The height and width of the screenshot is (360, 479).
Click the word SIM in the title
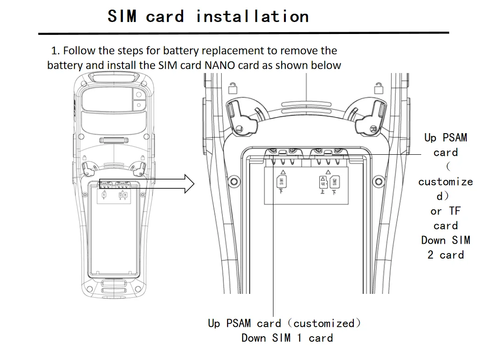[122, 16]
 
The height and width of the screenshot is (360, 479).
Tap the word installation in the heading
[252, 16]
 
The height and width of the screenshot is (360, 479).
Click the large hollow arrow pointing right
[147, 184]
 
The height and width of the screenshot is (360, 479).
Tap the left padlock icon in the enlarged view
[233, 88]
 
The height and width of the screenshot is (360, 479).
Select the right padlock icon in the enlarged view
[379, 88]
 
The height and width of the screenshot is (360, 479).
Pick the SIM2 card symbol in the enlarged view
[335, 182]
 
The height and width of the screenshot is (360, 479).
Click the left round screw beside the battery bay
[234, 181]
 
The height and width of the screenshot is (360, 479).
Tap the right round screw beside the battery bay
[379, 181]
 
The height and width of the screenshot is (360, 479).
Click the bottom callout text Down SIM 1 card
[287, 338]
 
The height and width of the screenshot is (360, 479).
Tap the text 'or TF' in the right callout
[446, 211]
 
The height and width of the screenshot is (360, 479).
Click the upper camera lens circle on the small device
[139, 94]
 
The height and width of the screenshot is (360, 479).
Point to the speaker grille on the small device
[114, 141]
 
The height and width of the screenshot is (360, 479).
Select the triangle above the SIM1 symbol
[283, 172]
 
